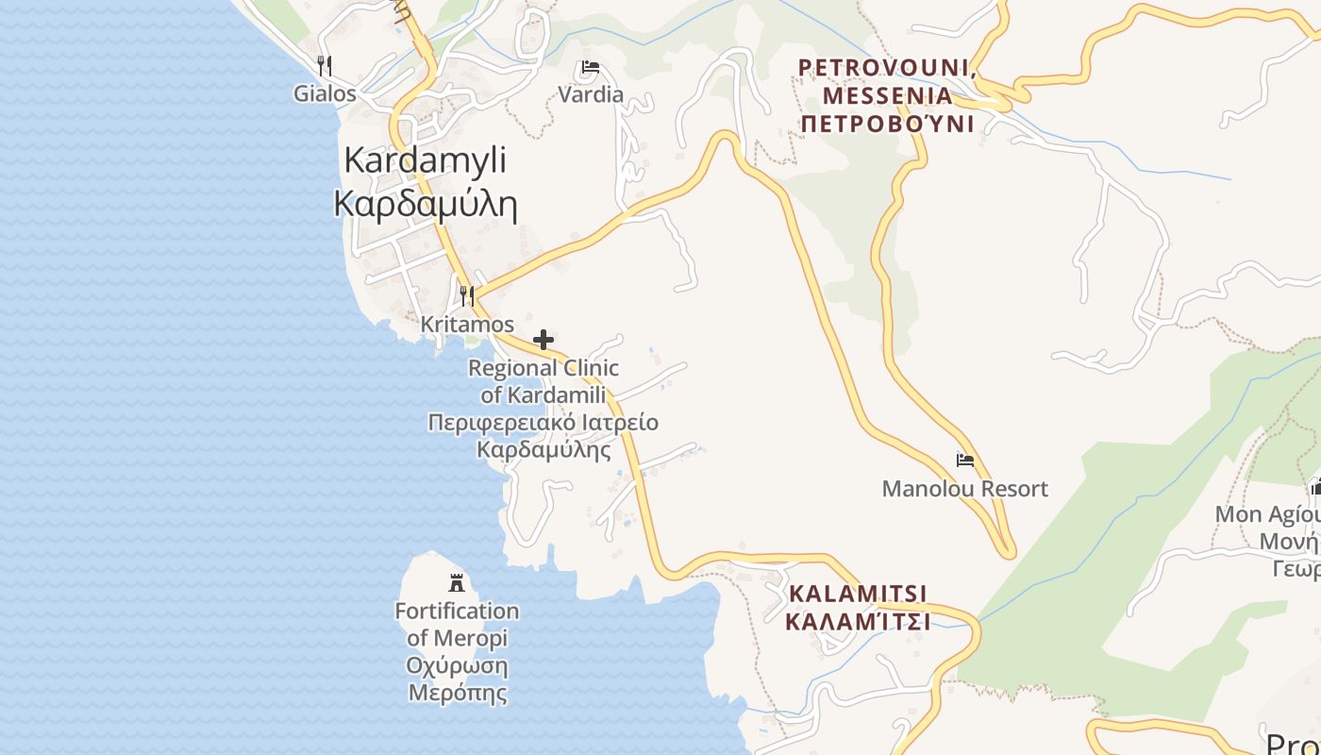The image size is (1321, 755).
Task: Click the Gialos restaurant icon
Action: (x=325, y=65)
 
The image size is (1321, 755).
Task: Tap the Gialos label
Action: (x=325, y=93)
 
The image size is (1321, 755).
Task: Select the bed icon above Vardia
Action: (x=591, y=67)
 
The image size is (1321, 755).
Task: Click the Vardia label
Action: (x=591, y=94)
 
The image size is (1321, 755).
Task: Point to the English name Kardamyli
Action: (x=425, y=159)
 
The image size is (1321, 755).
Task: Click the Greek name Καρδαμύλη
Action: (x=426, y=203)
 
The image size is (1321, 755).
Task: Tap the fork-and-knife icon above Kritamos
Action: (x=467, y=296)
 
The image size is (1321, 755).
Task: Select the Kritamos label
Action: (x=467, y=324)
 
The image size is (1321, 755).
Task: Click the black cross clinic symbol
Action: (x=543, y=340)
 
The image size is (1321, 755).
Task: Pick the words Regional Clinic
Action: (x=543, y=368)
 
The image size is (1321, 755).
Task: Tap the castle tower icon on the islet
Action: (x=457, y=582)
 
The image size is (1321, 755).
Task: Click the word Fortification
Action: (x=457, y=611)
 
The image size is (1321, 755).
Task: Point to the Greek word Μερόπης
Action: (x=457, y=693)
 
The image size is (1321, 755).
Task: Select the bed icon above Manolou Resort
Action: (x=964, y=461)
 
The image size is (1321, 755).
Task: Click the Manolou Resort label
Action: (x=964, y=489)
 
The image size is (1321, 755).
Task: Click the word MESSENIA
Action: (x=887, y=95)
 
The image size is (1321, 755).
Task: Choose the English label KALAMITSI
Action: (x=858, y=594)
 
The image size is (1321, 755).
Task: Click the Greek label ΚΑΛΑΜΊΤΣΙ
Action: (x=858, y=622)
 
